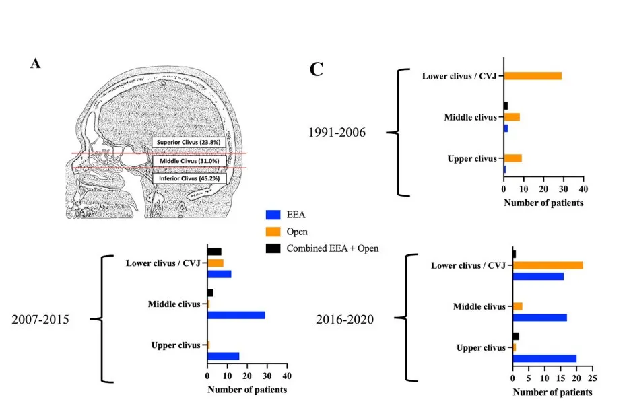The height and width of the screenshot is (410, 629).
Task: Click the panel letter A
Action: click(x=36, y=63)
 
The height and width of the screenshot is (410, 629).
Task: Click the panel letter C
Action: click(x=316, y=69)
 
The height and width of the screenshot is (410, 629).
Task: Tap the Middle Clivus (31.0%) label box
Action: click(x=187, y=161)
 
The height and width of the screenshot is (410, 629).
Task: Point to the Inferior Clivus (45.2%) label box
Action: click(x=188, y=178)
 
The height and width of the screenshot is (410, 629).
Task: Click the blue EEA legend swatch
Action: click(x=273, y=215)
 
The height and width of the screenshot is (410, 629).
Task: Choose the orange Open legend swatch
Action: click(x=273, y=232)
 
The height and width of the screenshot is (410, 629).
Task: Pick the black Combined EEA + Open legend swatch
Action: click(x=273, y=248)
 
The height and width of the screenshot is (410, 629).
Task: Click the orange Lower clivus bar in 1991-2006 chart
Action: click(x=532, y=75)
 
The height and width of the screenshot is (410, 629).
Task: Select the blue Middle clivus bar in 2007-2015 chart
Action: click(x=236, y=314)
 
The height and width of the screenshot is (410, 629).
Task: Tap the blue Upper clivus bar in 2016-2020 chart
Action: click(x=544, y=358)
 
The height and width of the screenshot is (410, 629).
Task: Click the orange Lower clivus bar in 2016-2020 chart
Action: click(x=548, y=265)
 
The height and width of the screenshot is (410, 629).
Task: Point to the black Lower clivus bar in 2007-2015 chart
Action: click(x=214, y=252)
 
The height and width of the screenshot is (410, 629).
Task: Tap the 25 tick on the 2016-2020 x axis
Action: click(x=592, y=379)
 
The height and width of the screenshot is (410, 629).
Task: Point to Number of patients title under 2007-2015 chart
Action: click(x=247, y=390)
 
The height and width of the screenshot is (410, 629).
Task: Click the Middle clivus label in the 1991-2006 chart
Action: click(x=470, y=117)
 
